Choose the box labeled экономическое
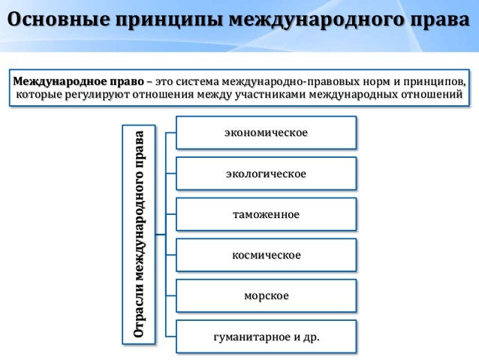[x=266, y=133]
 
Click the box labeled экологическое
[x=266, y=174]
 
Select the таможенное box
[x=266, y=215]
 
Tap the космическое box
[x=266, y=256]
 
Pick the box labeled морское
[x=266, y=296]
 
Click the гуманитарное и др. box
[x=266, y=337]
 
